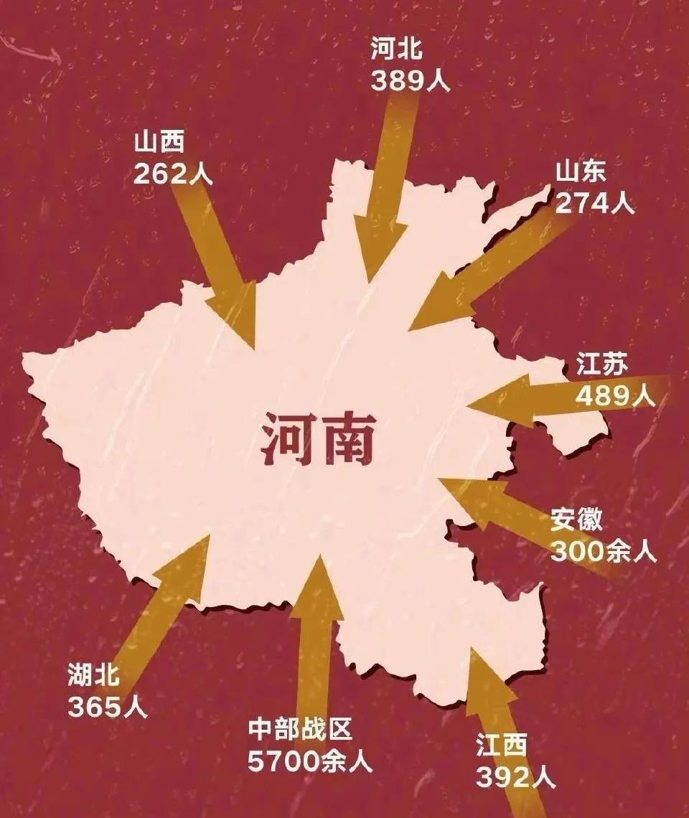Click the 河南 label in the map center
coord(317,438)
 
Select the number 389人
coord(410,80)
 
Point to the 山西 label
coord(159,143)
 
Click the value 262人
coord(173,174)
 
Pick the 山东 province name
coord(581,172)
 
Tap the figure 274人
coord(595,204)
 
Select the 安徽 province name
coord(576,520)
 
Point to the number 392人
coord(515,777)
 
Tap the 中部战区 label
coord(301,730)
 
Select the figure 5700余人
coord(310,761)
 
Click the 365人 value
coord(108,706)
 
